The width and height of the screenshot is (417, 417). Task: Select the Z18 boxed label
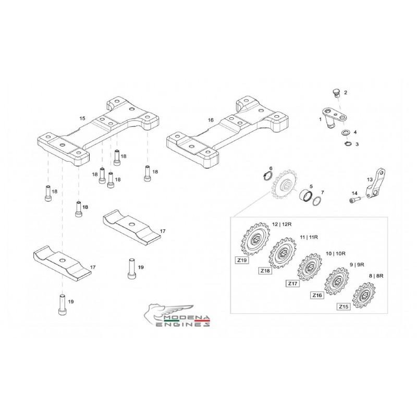[x=266, y=271]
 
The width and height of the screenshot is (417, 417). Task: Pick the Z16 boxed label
[x=318, y=296]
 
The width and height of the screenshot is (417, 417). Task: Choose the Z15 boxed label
[x=343, y=307]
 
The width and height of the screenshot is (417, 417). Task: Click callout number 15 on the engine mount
[x=82, y=119]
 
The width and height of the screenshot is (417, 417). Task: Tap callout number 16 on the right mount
[x=211, y=120]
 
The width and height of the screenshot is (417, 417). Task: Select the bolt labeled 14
[x=354, y=199]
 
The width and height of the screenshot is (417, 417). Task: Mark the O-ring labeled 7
[x=316, y=200]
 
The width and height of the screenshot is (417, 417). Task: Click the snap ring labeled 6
[x=266, y=177]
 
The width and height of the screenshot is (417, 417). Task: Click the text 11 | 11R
[x=309, y=237]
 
